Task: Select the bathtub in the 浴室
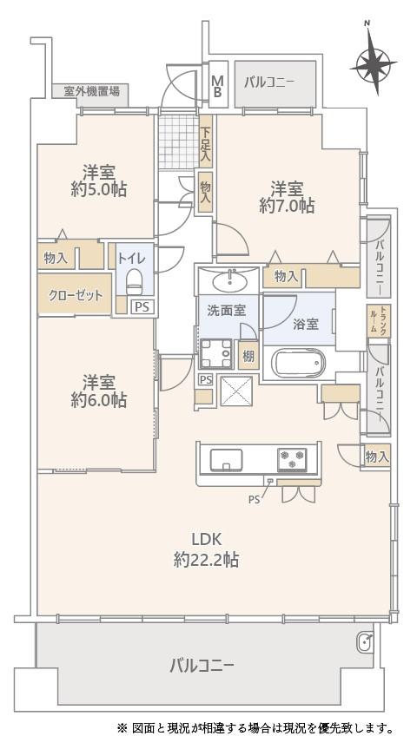coord(299,364)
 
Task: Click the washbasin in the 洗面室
coord(228,281)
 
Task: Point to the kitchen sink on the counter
coord(227,459)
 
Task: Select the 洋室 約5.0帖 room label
coord(99,181)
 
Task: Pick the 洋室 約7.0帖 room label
coord(287,197)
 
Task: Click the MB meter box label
coord(217,85)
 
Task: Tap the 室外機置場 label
coord(91,90)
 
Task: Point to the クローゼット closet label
coord(75,296)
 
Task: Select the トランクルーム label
coord(384,319)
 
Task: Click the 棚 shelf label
coord(248,356)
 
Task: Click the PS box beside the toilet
coord(142,307)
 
